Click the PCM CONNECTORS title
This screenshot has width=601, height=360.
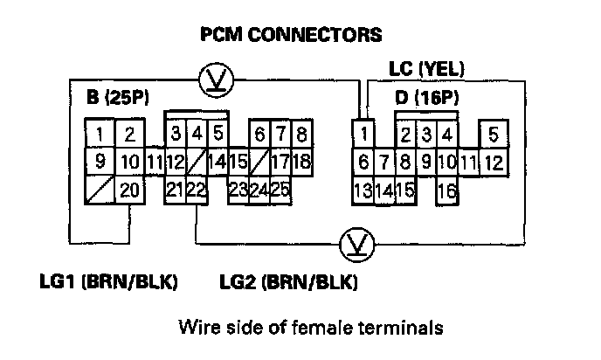(x=292, y=35)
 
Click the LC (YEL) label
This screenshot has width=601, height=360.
(x=426, y=69)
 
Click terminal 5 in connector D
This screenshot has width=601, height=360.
(x=493, y=134)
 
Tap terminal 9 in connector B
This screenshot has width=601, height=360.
(x=100, y=162)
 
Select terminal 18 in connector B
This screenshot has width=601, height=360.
(x=301, y=162)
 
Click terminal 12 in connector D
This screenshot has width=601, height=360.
(x=493, y=162)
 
